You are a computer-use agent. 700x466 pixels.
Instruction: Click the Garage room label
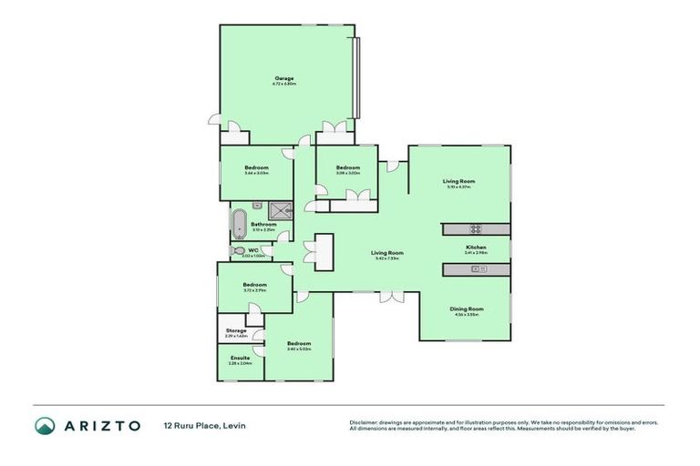284,79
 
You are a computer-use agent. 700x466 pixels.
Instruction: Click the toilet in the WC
239,250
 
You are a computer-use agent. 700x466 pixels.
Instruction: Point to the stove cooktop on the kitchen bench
475,228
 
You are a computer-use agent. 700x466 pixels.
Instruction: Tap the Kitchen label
476,248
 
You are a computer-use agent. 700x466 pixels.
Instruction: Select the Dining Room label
466,309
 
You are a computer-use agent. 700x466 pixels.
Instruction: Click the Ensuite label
240,359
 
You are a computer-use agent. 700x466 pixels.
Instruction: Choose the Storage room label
236,330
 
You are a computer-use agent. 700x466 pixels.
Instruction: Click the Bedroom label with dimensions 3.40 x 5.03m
299,346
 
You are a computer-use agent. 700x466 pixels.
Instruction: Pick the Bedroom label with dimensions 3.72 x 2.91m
254,286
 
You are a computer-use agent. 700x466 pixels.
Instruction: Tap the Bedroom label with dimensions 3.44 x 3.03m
256,168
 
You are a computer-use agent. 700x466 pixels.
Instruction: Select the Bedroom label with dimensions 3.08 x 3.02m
347,168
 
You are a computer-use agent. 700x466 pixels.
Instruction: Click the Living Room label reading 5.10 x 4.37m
458,182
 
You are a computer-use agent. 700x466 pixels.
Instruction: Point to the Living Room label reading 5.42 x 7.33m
386,254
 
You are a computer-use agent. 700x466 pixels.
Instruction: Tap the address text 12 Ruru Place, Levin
204,425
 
